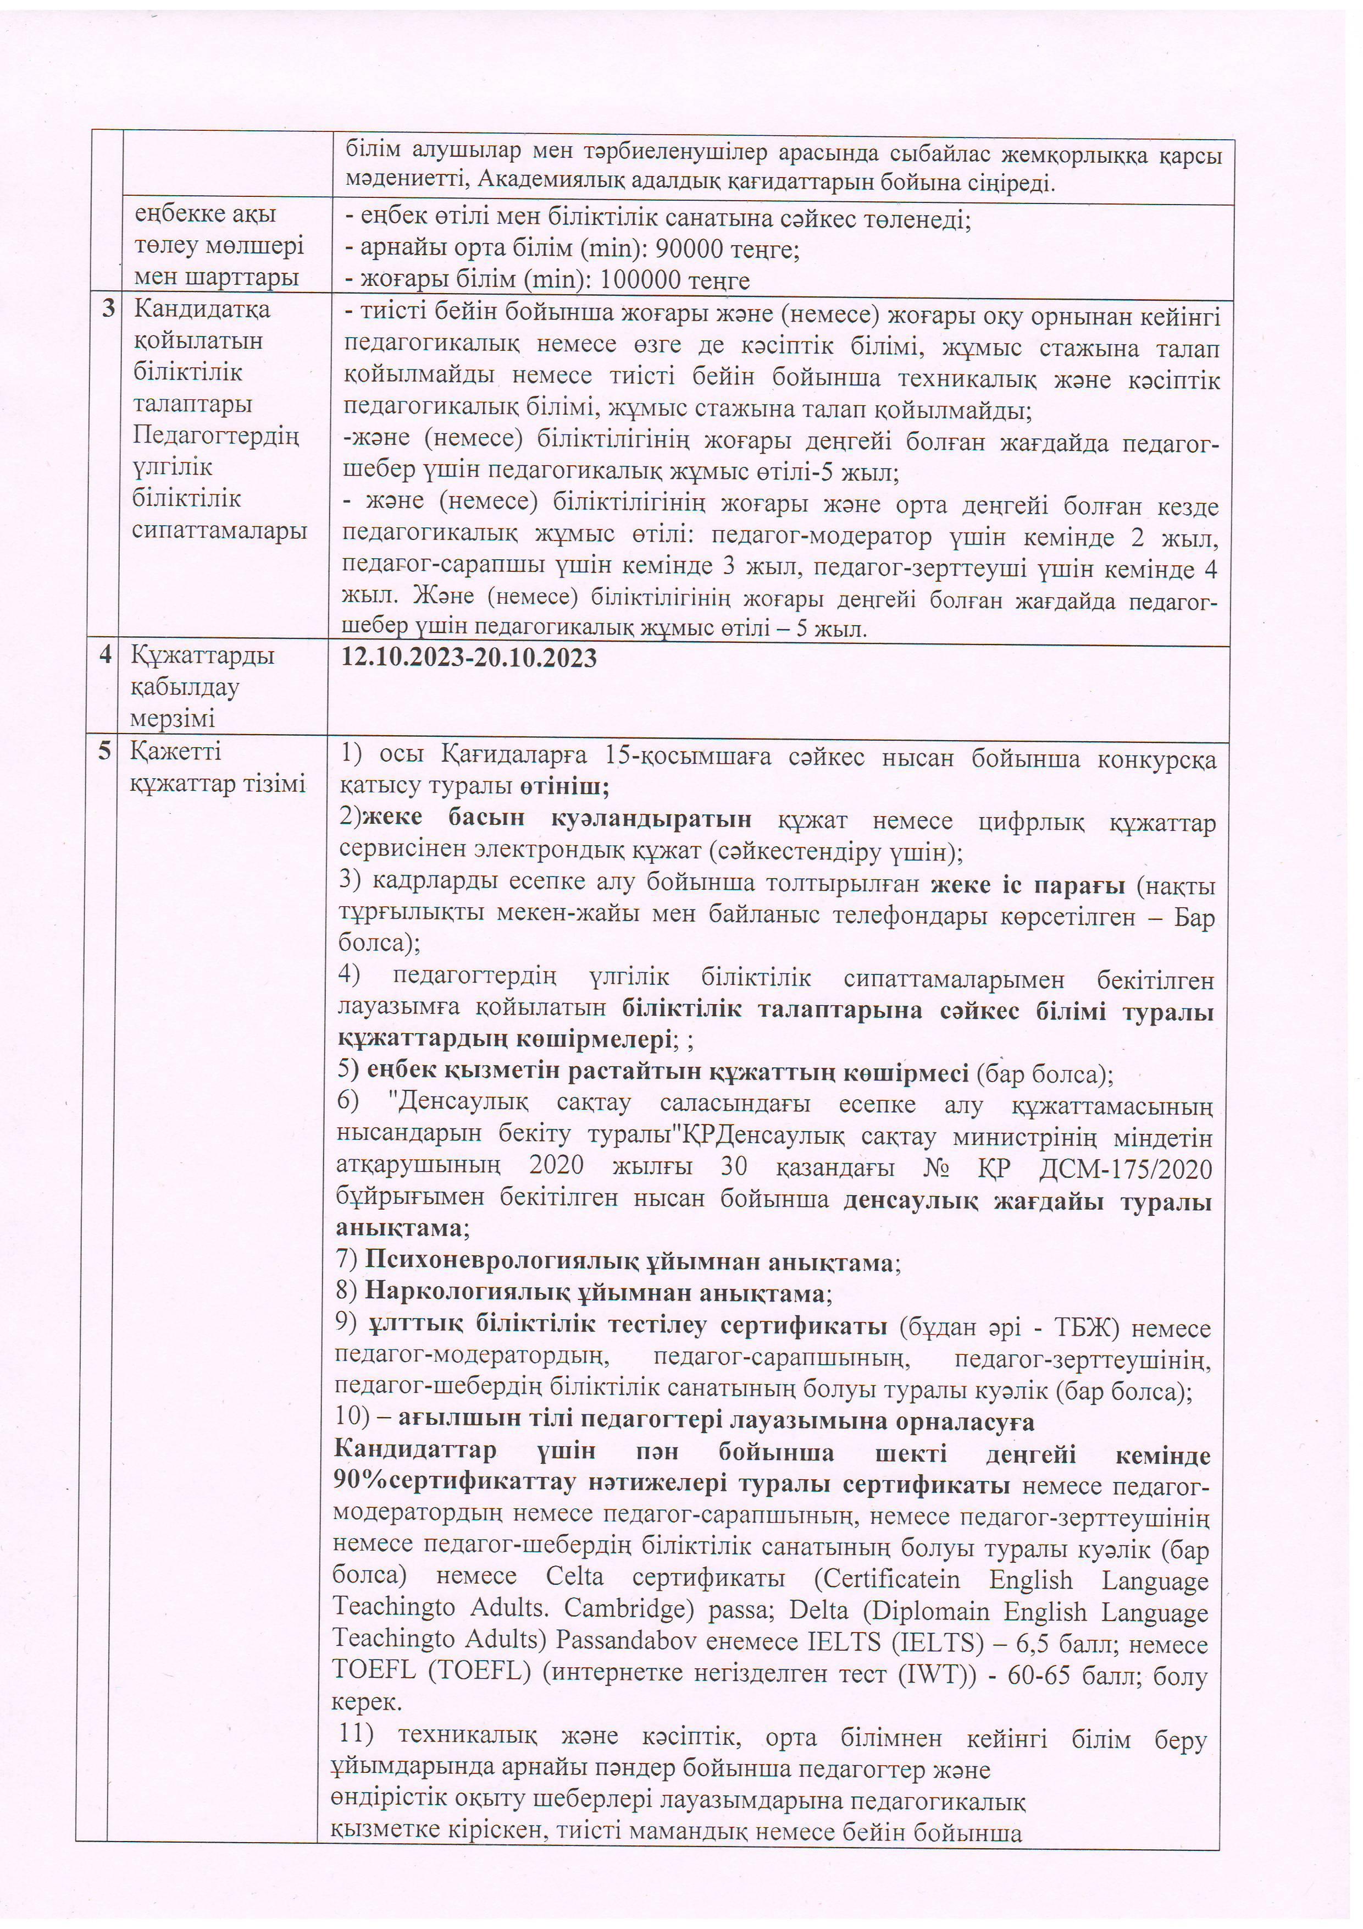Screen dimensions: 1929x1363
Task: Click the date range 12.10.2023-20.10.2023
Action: [x=469, y=658]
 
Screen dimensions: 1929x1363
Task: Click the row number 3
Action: [x=108, y=308]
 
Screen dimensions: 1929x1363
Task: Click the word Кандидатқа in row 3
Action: [x=202, y=309]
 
